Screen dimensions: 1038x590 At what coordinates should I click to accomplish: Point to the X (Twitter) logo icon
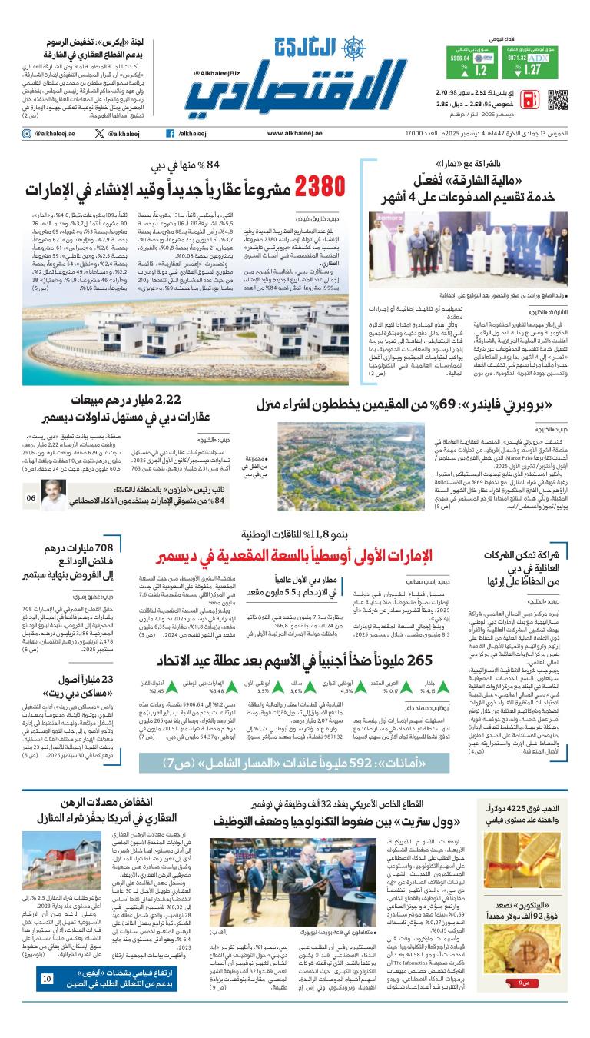click(x=99, y=133)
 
